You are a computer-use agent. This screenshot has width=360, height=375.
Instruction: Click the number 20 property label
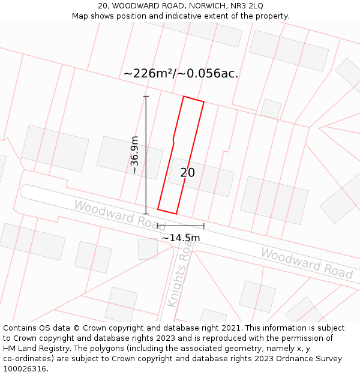187,173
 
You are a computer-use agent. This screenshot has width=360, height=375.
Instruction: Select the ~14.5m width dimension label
181,238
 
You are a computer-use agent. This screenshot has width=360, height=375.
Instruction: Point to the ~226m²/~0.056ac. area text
181,74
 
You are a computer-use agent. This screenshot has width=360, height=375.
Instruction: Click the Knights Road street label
178,280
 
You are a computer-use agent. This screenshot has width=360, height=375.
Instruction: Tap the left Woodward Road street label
119,213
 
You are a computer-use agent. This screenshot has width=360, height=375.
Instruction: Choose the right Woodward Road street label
307,263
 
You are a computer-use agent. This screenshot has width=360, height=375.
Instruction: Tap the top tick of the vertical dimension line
146,96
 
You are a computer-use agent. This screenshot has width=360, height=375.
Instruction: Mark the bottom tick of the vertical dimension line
146,214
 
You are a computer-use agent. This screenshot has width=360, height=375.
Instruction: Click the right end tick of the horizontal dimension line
204,226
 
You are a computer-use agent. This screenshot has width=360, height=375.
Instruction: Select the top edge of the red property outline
193,99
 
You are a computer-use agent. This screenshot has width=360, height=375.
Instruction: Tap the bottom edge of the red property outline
167,211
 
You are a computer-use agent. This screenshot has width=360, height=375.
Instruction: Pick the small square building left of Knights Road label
148,249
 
